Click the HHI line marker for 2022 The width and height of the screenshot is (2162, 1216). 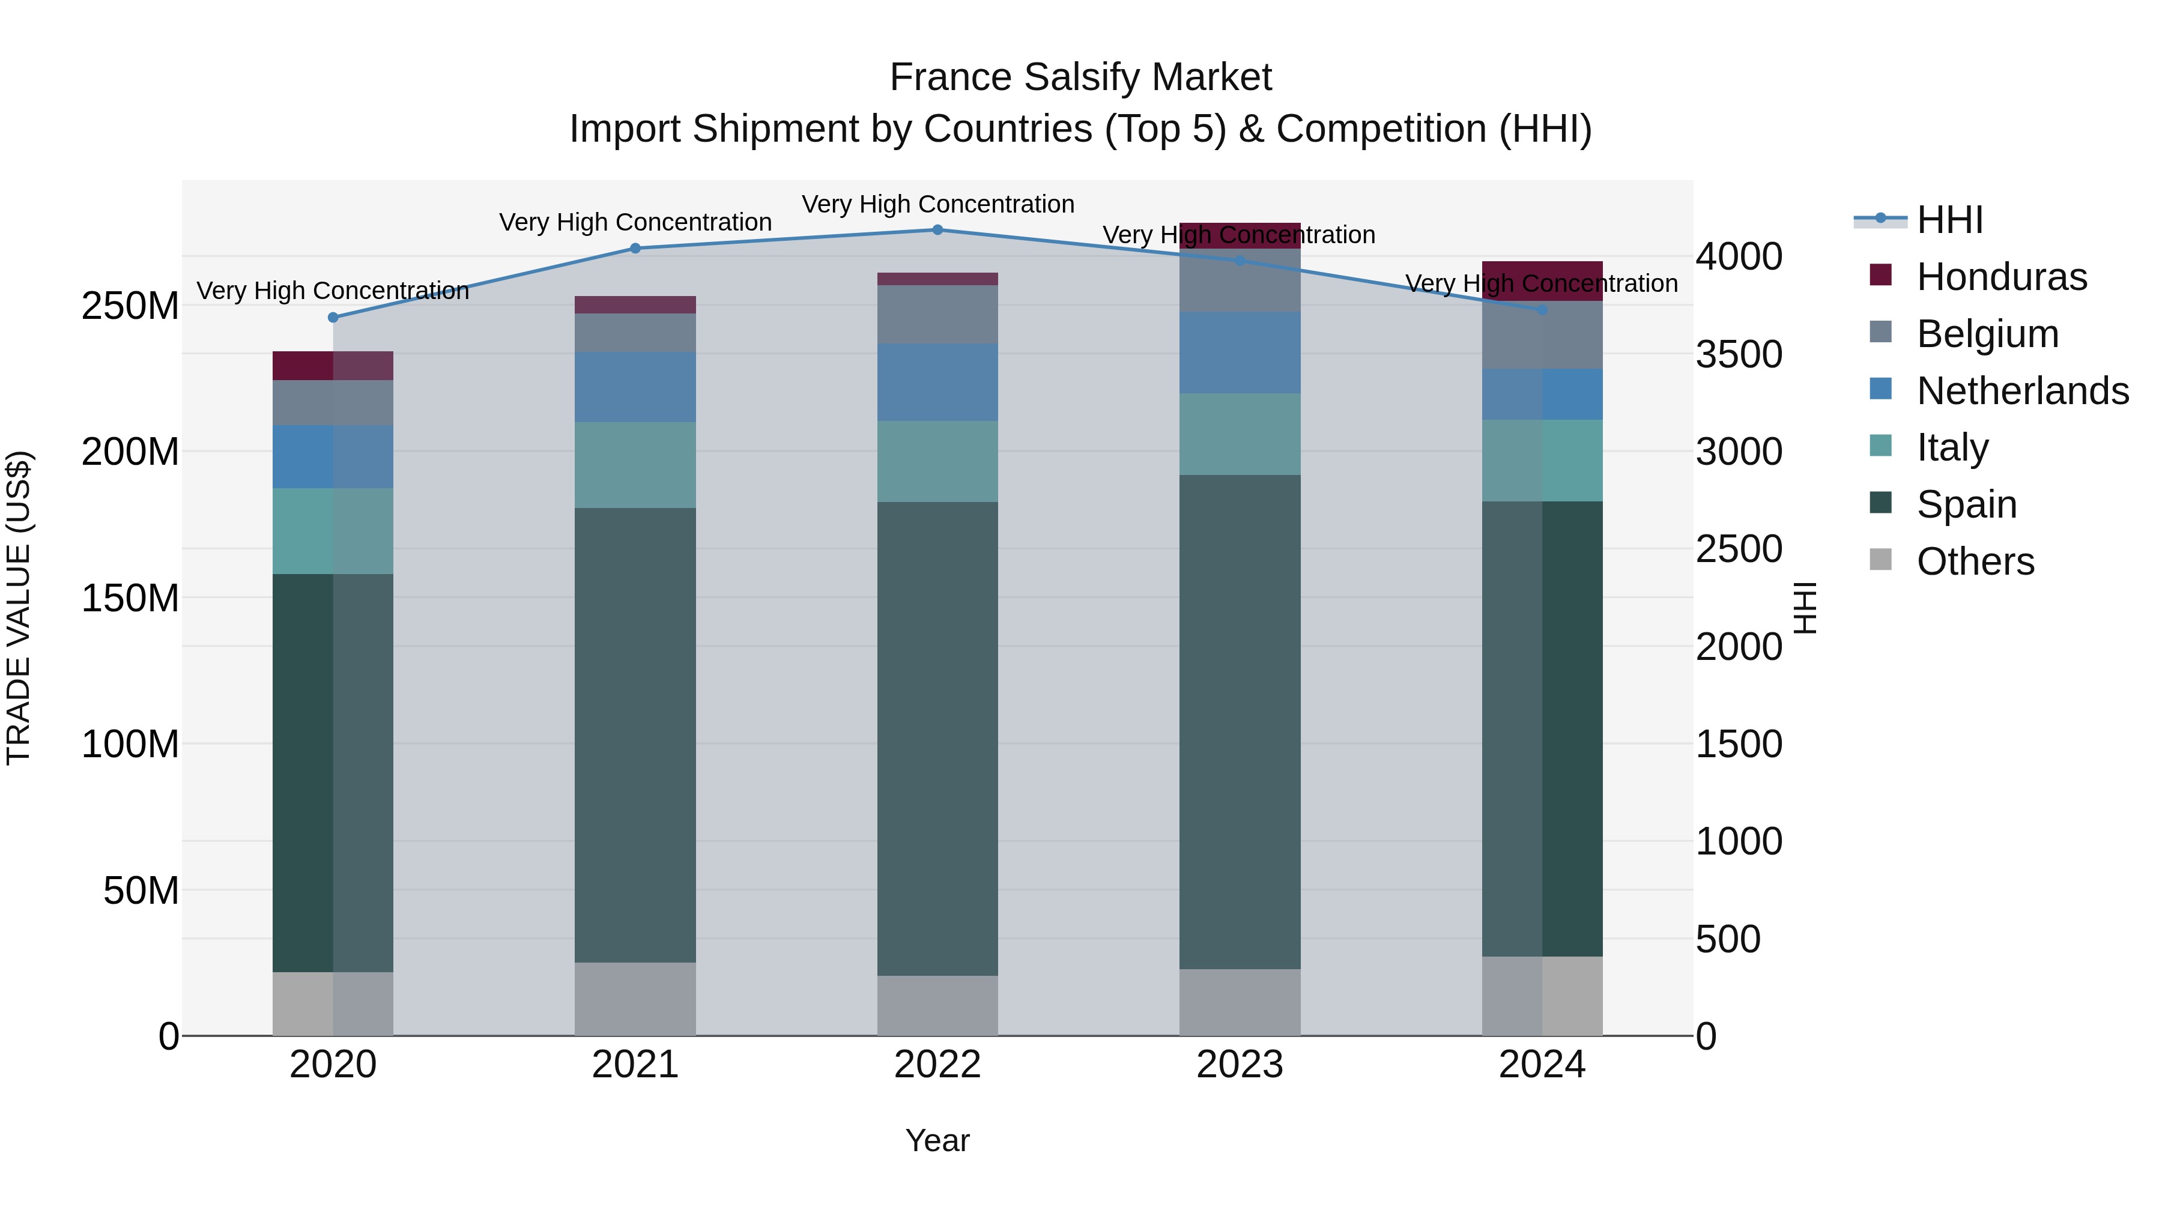click(x=937, y=230)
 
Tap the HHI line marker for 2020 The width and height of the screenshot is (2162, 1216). click(x=333, y=317)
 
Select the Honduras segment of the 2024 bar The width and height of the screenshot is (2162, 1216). click(x=1542, y=281)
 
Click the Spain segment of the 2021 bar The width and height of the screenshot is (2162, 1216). click(x=635, y=734)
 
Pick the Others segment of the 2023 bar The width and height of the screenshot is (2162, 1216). click(x=1240, y=1002)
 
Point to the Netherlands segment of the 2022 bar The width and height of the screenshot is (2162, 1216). click(x=937, y=382)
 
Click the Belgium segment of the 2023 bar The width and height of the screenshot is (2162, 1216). click(x=1240, y=280)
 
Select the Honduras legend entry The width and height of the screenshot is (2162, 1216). click(x=2001, y=277)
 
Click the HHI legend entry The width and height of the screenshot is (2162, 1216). click(x=1949, y=220)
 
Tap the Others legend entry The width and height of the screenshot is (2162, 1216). click(x=1975, y=561)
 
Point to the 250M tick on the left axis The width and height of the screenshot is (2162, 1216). click(x=130, y=306)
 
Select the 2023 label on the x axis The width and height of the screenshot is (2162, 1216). click(x=1240, y=1065)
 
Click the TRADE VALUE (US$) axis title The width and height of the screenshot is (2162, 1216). click(x=19, y=608)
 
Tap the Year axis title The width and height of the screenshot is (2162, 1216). click(x=937, y=1140)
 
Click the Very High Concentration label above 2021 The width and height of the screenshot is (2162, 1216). click(x=635, y=222)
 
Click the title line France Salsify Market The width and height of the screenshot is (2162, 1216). click(x=1080, y=77)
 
